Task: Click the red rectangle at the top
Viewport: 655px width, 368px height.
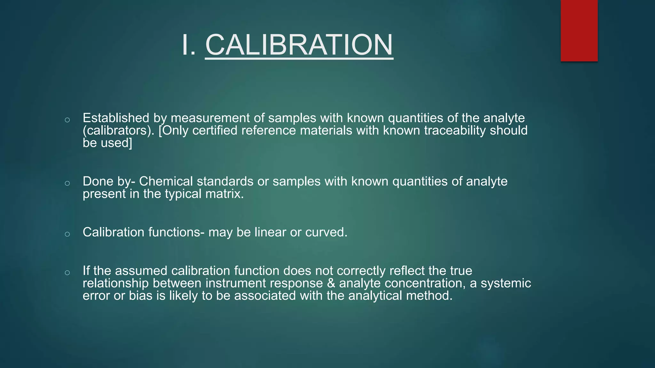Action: [x=579, y=31]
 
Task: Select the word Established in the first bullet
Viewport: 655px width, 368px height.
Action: [x=116, y=118]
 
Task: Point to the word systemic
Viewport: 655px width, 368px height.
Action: [x=506, y=283]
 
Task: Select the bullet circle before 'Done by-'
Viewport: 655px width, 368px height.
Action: [x=67, y=183]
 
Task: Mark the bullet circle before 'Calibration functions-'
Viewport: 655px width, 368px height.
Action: [x=67, y=234]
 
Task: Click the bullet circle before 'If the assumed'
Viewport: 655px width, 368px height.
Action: [x=67, y=273]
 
